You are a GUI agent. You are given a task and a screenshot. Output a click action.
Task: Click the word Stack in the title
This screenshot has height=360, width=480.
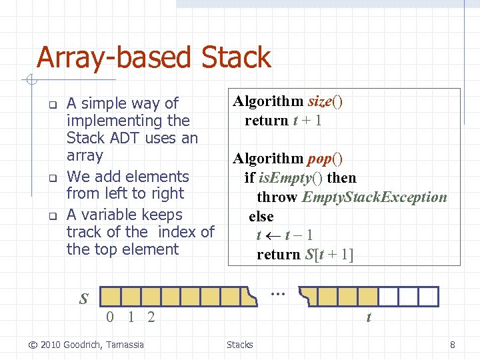[x=237, y=57]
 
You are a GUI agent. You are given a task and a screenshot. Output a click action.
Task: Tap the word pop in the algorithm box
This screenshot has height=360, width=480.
[x=319, y=159]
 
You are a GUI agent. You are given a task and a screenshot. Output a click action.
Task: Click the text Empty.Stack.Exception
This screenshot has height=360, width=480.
[x=375, y=197]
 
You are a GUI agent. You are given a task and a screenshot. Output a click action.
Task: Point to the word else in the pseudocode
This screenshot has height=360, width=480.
[x=261, y=217]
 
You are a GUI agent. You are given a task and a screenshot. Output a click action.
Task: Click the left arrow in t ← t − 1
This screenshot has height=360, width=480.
[x=273, y=235]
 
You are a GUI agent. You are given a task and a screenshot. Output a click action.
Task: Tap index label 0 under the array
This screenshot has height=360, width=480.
[x=111, y=317]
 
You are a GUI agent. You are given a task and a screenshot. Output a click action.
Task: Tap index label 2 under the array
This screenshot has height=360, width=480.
[x=151, y=317]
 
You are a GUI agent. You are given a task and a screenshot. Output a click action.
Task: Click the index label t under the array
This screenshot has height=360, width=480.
[x=368, y=318]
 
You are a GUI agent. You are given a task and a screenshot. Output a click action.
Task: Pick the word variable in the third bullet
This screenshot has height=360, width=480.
[x=126, y=215]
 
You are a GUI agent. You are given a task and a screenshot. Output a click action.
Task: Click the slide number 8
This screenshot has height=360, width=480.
[x=453, y=345]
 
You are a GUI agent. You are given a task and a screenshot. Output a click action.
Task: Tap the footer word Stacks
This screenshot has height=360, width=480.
[x=239, y=345]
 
